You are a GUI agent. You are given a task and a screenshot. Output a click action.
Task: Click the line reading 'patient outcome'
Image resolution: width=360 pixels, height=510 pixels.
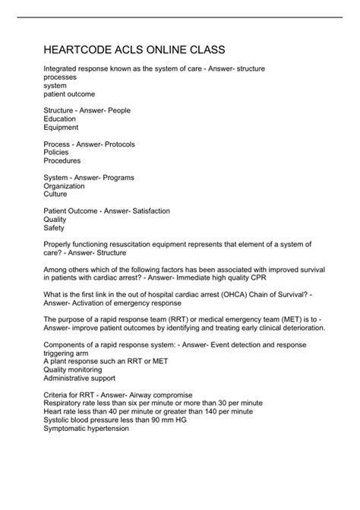(69, 94)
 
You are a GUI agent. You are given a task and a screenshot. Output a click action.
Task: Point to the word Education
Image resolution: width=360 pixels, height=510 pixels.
(60, 119)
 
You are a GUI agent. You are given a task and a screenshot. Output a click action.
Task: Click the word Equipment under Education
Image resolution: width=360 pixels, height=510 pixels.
(62, 127)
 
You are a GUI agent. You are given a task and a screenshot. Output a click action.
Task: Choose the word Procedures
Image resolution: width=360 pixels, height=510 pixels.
(62, 160)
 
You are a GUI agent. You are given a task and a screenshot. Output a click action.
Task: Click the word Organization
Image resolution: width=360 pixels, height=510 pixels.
(65, 185)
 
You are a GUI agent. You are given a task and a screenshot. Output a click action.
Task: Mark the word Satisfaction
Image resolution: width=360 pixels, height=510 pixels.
(149, 211)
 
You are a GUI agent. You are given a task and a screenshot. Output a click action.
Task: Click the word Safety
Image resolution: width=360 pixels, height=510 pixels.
(54, 227)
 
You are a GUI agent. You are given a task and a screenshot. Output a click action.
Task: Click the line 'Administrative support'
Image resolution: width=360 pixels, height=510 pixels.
(79, 378)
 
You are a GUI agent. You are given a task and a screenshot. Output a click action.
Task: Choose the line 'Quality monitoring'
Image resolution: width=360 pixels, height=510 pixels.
(74, 369)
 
